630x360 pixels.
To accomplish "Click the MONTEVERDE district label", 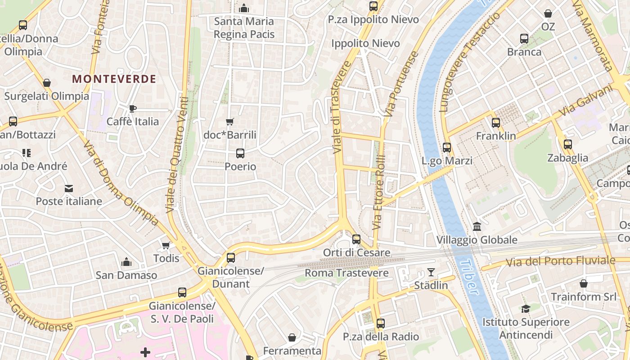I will tap(114, 79).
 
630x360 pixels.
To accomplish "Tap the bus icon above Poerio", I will tap(240, 153).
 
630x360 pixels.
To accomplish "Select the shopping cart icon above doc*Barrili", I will tap(230, 121).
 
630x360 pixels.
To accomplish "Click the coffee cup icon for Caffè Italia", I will tap(132, 108).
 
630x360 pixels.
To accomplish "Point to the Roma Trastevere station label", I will tap(346, 273).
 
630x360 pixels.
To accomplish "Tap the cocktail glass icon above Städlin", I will tap(431, 272).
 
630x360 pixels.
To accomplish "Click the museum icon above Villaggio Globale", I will tap(477, 226).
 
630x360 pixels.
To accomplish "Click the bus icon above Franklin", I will tap(496, 122).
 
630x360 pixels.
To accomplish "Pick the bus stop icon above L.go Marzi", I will tap(447, 148).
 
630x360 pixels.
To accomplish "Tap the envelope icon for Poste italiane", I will tap(69, 188).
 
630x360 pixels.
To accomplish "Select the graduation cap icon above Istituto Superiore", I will tap(526, 309).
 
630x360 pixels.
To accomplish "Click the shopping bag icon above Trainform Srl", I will tap(584, 283).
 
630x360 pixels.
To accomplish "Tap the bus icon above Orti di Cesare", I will tap(356, 239).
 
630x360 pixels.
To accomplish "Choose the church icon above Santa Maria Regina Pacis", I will tap(244, 8).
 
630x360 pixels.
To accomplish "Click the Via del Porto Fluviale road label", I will tap(560, 261).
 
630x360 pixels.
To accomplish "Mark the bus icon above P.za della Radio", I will tap(381, 323).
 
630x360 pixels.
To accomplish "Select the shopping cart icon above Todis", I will tap(166, 245).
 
